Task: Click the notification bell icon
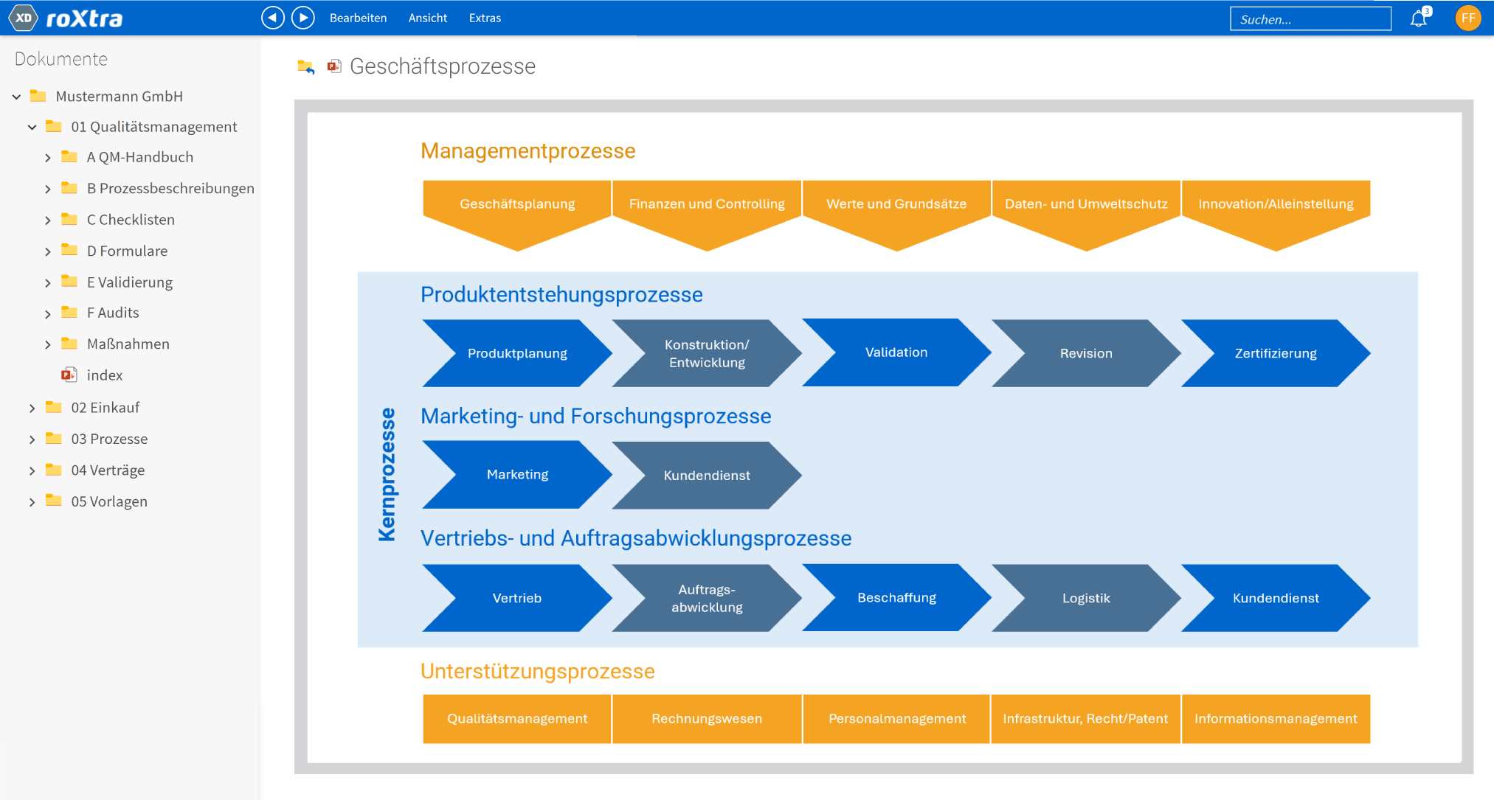1419,18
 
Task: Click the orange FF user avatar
1468,18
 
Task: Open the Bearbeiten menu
358,18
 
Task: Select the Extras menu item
485,18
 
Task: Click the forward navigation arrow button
303,18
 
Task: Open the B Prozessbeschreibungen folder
170,189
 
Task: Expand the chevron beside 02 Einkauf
32,408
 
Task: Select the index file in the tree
105,375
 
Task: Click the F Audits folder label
113,313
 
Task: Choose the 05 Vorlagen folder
109,501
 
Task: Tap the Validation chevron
896,352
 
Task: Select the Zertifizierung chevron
1276,353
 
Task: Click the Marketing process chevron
517,475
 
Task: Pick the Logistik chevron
1086,598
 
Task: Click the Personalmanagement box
896,719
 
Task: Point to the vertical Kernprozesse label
387,475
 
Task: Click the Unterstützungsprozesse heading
538,671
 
